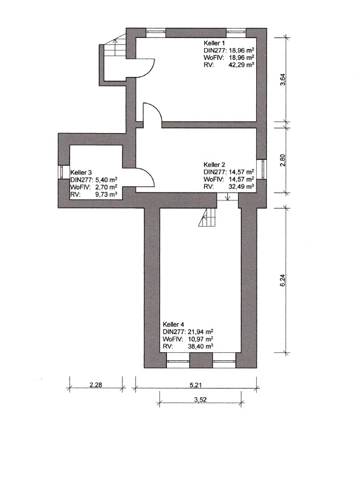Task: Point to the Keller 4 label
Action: click(x=174, y=325)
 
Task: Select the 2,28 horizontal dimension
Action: click(x=96, y=384)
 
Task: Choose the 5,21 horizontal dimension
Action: click(x=198, y=384)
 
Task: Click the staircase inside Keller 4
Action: click(x=209, y=218)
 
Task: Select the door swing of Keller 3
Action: click(x=145, y=177)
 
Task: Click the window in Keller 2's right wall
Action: click(x=262, y=166)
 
